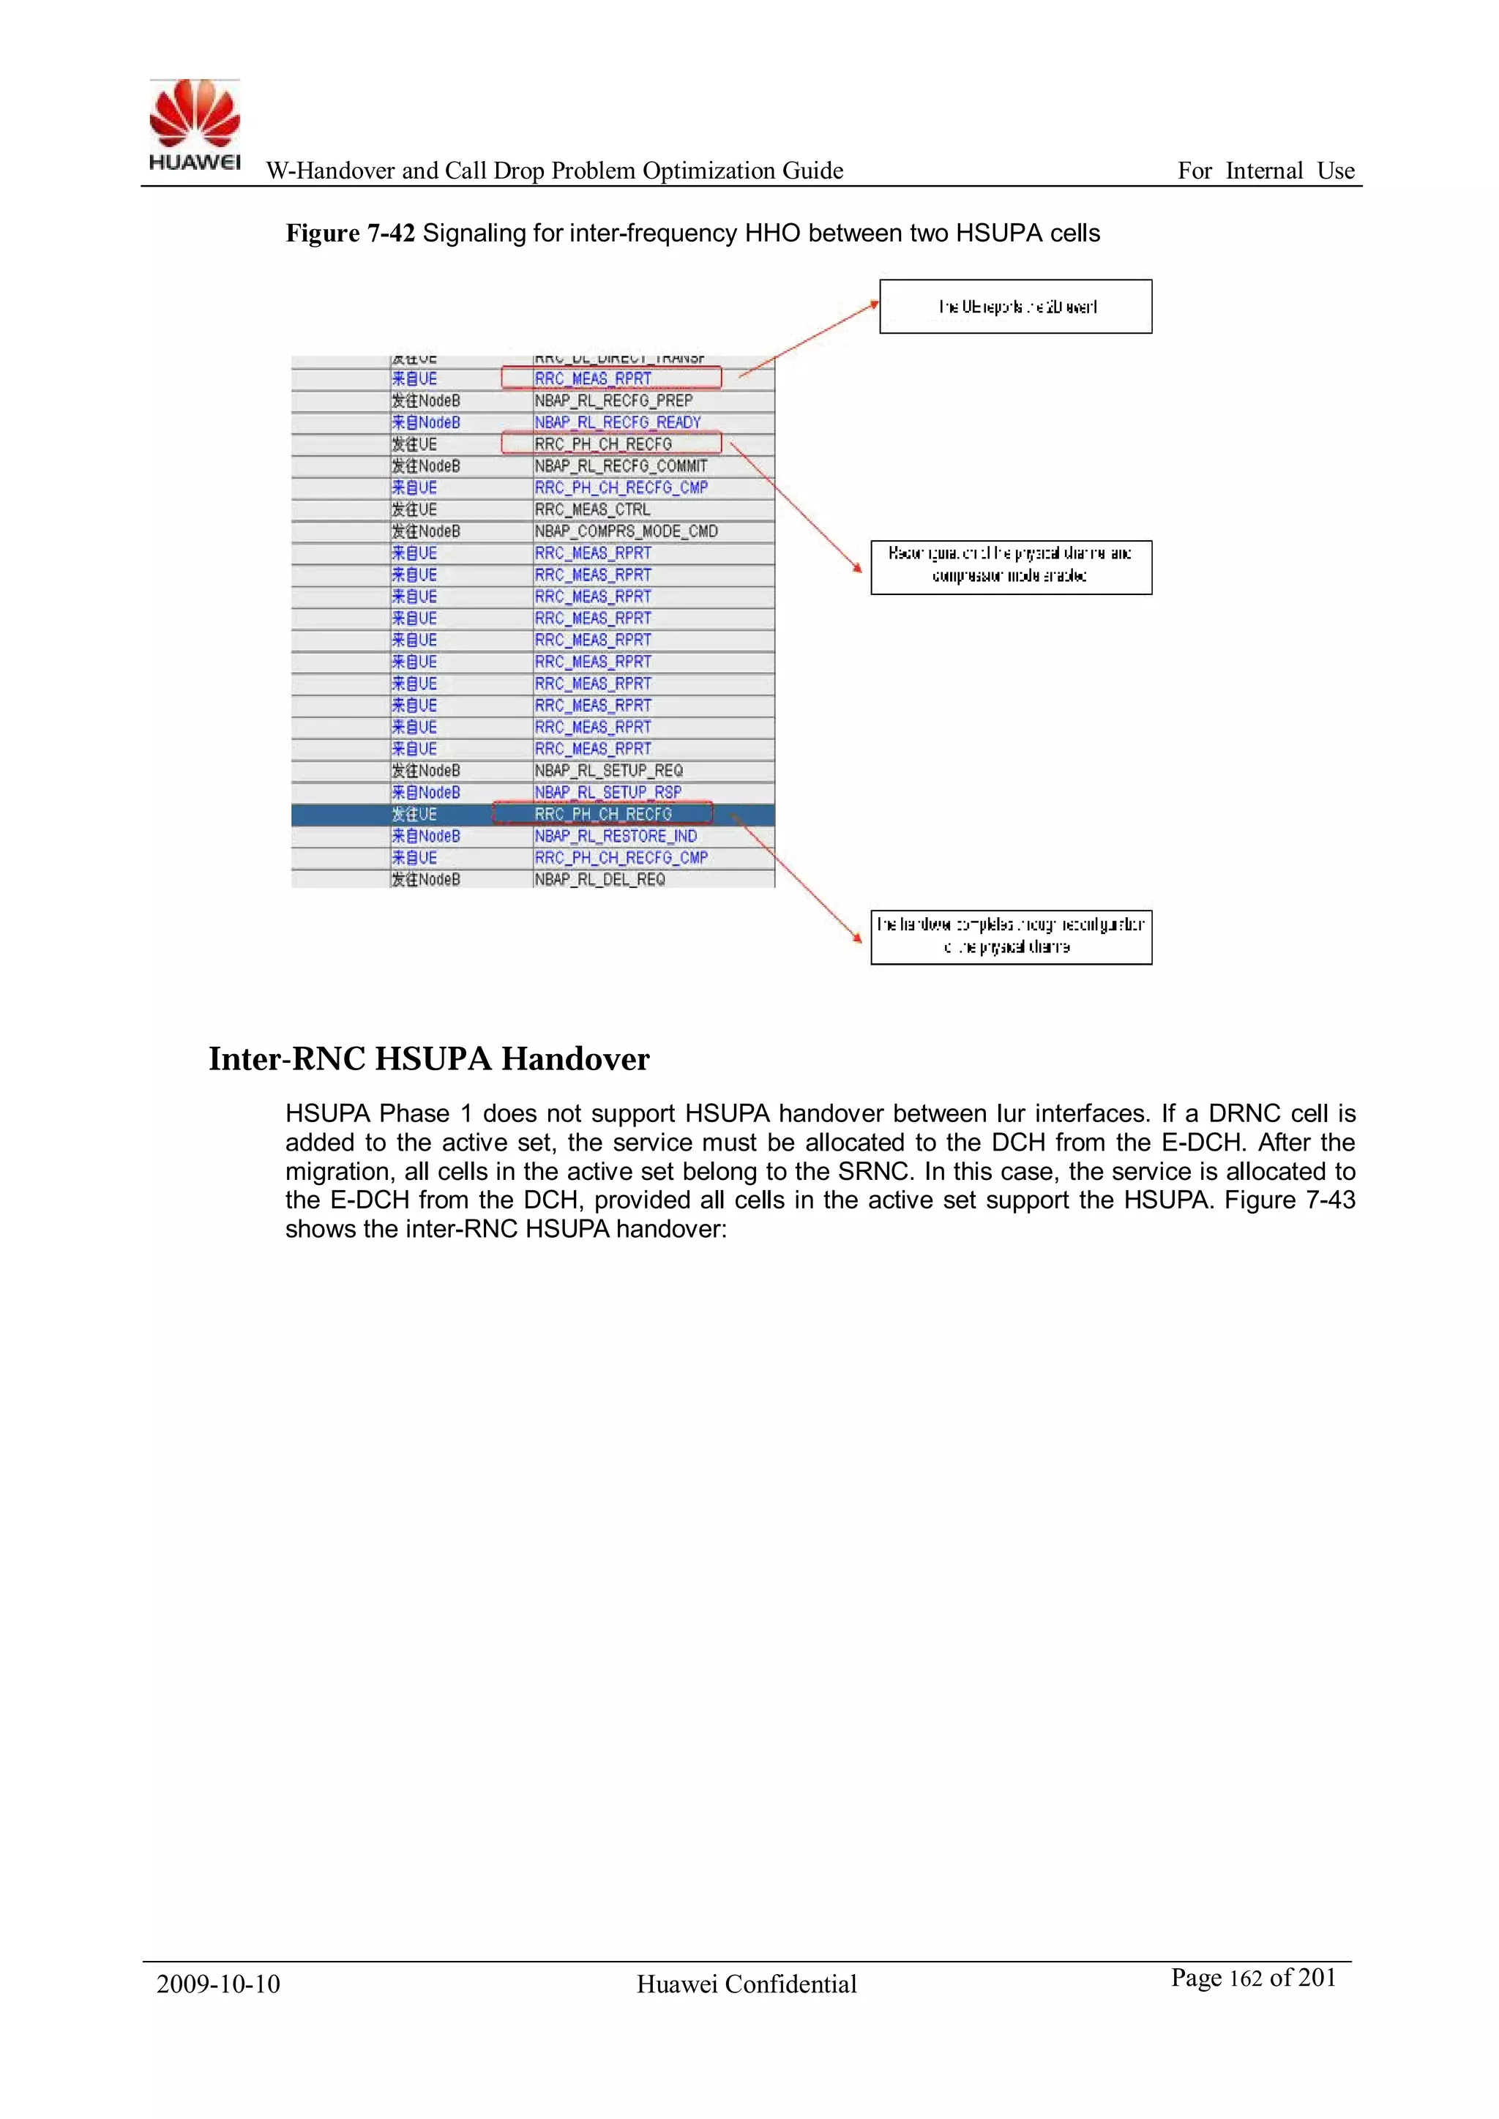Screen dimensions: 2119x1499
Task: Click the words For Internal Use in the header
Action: coord(1266,171)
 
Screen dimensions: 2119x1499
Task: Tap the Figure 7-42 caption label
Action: coord(350,233)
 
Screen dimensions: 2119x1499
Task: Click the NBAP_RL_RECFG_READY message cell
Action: coord(618,422)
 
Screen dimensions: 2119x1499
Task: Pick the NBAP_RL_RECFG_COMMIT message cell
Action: coord(620,466)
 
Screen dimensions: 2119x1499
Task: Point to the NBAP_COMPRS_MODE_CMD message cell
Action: coord(625,531)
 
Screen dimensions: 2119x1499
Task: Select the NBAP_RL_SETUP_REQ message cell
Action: coord(608,771)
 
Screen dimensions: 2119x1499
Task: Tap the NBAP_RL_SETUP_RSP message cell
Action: coord(608,793)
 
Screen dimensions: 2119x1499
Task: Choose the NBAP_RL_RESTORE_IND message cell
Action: coord(616,836)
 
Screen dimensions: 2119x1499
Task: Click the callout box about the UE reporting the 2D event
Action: coord(1015,307)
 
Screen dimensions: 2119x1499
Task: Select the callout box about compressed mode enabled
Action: coord(1011,567)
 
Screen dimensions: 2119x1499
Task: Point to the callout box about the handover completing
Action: coord(1011,937)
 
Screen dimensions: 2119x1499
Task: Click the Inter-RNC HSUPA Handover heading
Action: coord(428,1058)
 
